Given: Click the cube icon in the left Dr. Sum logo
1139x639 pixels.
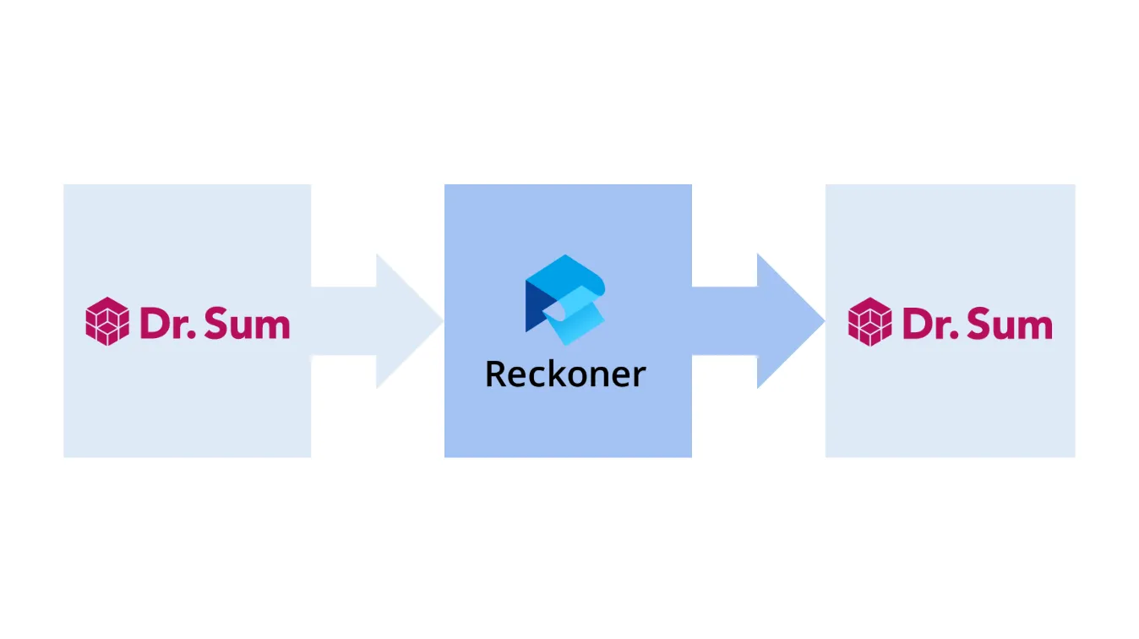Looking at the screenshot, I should click(x=107, y=321).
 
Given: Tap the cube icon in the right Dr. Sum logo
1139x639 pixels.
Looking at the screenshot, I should click(x=870, y=321).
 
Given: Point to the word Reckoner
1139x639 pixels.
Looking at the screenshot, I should click(x=565, y=374).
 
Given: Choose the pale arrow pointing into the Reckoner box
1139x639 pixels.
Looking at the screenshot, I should click(x=389, y=320).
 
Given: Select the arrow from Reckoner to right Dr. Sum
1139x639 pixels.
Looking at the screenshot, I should click(x=770, y=320).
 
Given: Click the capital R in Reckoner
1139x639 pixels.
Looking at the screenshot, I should click(x=496, y=374).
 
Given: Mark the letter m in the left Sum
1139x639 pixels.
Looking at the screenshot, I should click(x=273, y=326).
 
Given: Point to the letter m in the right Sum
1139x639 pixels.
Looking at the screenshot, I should click(x=1036, y=326).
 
